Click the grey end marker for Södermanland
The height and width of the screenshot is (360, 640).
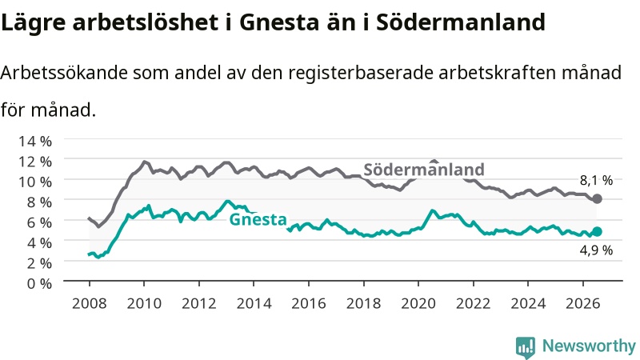(597, 198)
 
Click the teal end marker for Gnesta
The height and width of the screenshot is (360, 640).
(597, 231)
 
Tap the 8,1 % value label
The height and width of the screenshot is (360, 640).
(596, 180)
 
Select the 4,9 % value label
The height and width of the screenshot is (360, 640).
(596, 250)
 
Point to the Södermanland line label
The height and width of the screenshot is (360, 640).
(424, 170)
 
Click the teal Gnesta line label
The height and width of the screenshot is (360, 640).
(258, 219)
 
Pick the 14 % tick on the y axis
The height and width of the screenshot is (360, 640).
(35, 142)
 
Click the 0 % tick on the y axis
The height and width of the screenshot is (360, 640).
(39, 283)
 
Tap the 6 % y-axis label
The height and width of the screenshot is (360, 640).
(39, 222)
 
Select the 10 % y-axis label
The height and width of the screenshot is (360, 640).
(35, 182)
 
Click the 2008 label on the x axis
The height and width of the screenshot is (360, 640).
(90, 303)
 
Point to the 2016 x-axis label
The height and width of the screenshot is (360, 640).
(309, 303)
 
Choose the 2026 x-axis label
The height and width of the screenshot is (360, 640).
(583, 303)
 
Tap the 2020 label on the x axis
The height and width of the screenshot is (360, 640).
(418, 303)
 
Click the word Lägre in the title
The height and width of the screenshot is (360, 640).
(33, 22)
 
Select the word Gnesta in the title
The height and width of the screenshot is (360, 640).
(278, 22)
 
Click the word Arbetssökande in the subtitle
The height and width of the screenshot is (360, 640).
(64, 73)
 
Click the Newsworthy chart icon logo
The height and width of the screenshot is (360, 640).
(526, 347)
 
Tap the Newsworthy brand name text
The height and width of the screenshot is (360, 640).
(589, 346)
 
